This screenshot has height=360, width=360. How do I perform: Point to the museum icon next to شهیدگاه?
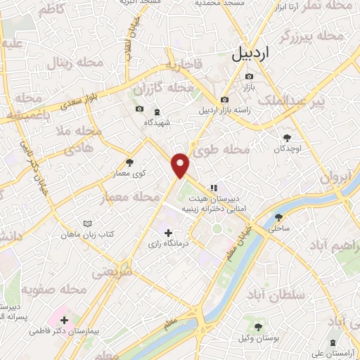coord(156,110)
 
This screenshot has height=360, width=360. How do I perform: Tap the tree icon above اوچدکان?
coord(286,138)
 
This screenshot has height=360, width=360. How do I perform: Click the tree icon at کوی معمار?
coord(129,162)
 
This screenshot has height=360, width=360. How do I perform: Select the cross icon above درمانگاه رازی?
coord(167,233)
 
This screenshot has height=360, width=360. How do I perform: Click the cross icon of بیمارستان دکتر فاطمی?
coord(65,320)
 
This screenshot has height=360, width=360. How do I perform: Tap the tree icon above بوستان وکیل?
coord(258,327)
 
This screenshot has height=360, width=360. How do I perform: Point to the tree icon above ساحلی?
coord(279,217)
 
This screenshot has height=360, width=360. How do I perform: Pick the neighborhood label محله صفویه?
coord(53,289)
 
